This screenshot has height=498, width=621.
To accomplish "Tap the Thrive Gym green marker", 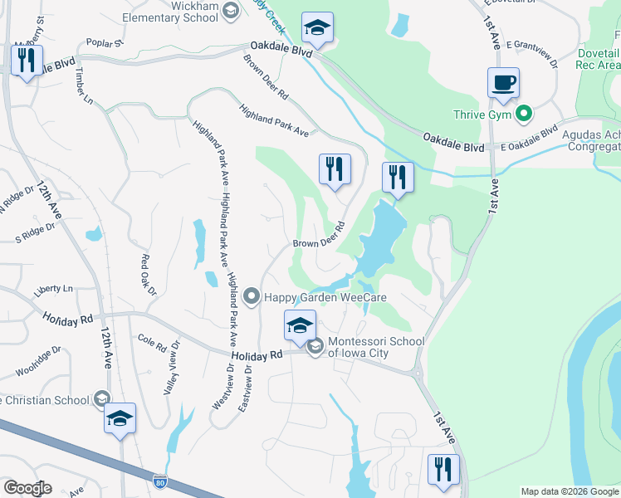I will pyautogui.click(x=523, y=114).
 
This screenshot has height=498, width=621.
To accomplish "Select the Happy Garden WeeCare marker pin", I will pyautogui.click(x=253, y=296).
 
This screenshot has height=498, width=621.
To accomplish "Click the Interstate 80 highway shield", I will pyautogui.click(x=160, y=481).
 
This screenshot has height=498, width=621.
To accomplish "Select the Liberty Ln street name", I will pyautogui.click(x=53, y=289).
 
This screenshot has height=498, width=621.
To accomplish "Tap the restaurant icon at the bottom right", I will pyautogui.click(x=443, y=469).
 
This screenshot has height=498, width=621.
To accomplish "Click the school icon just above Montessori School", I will pyautogui.click(x=300, y=325).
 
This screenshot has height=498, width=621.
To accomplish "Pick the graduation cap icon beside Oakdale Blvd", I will pyautogui.click(x=317, y=29).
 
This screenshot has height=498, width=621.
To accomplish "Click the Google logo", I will pyautogui.click(x=27, y=488).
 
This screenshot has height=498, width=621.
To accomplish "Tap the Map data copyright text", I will pyautogui.click(x=569, y=491).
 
